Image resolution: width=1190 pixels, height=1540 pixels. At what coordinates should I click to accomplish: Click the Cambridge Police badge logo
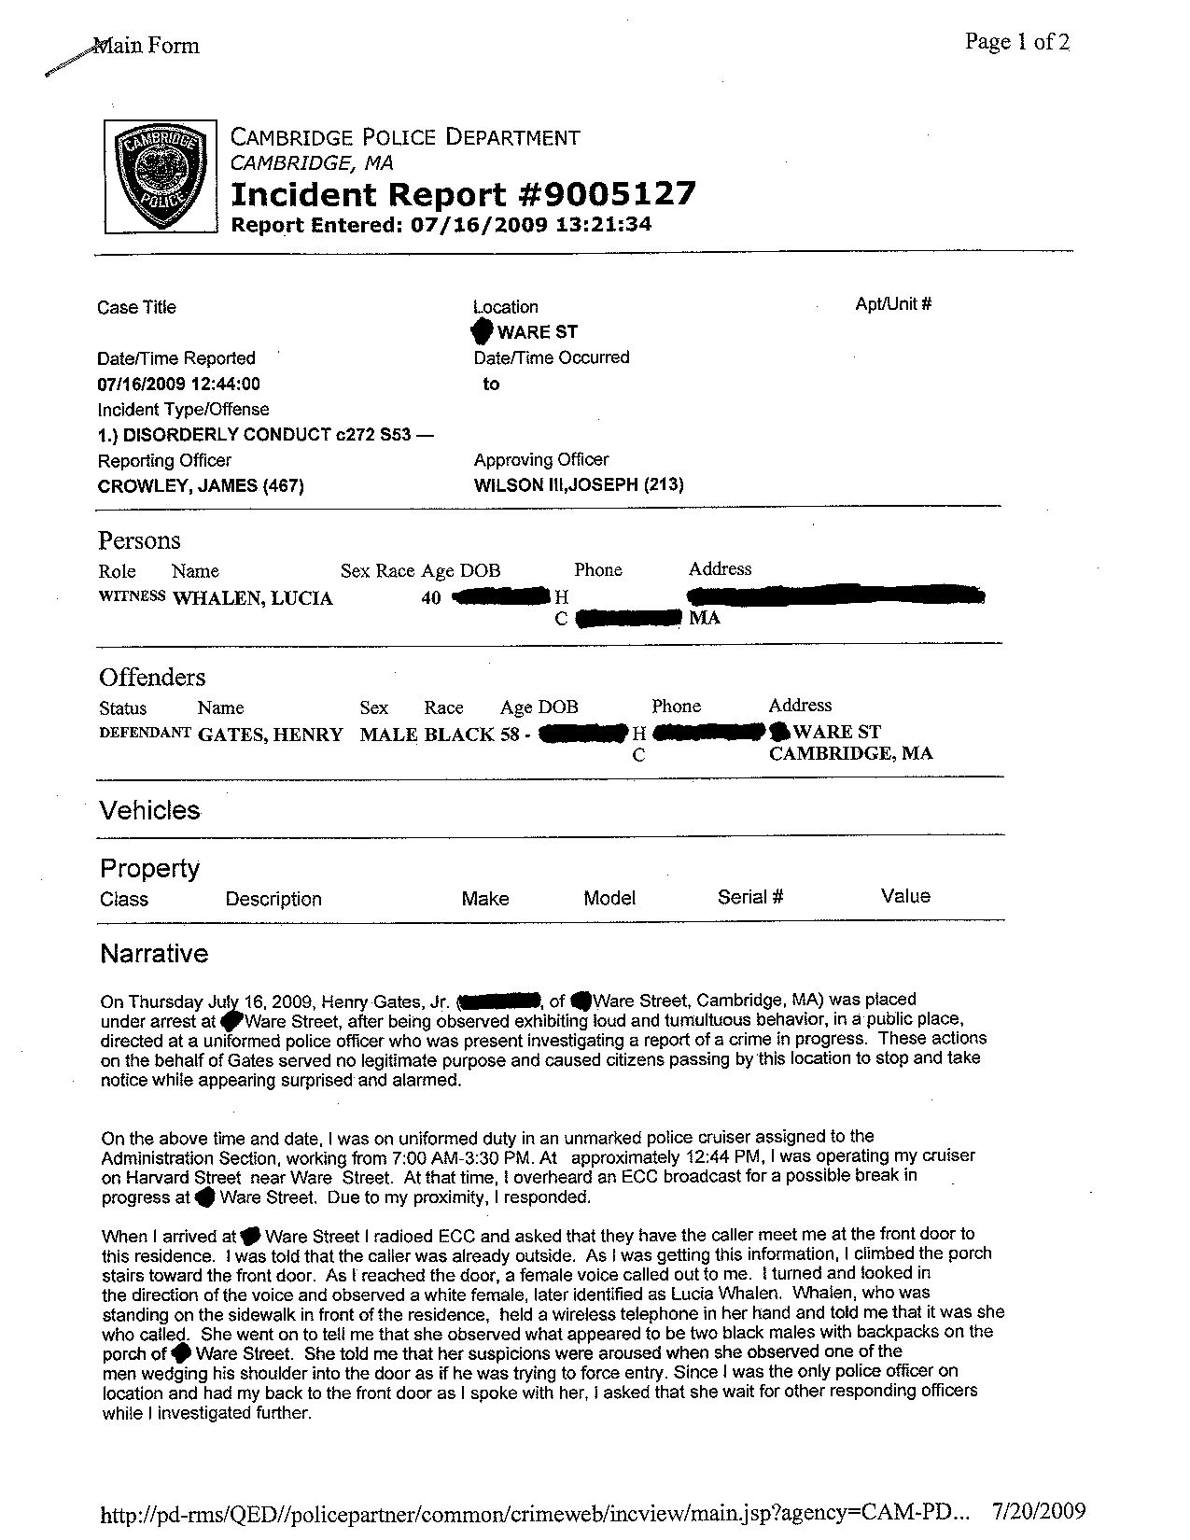pos(159,176)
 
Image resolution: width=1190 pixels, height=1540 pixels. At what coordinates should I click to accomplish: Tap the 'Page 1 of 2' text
pos(1017,42)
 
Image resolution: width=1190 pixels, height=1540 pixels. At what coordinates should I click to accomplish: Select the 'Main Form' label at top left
pos(147,46)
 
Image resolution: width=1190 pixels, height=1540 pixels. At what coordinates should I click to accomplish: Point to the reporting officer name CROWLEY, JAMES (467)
pos(201,485)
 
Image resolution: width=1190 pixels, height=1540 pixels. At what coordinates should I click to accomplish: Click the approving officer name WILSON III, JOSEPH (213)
pos(579,484)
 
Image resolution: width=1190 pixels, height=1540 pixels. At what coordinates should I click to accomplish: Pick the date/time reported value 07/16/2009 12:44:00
pos(178,384)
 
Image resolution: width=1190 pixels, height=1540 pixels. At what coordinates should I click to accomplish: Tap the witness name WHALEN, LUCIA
pos(252,598)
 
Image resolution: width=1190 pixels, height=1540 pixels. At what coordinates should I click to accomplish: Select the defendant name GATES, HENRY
pos(270,735)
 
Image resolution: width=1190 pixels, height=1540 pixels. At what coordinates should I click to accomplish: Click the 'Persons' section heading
pos(139,540)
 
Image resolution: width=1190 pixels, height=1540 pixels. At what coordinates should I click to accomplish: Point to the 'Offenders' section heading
pos(152,677)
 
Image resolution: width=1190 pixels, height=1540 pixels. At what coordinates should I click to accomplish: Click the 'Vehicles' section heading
pos(149,809)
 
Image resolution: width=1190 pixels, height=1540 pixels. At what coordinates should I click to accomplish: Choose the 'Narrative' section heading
pos(154,953)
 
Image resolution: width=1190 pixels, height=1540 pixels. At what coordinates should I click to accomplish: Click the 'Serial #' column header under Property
pos(749,897)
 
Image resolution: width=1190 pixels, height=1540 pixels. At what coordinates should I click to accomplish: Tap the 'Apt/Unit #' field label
pos(893,304)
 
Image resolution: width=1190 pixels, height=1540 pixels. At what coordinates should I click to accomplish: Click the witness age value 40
pos(430,597)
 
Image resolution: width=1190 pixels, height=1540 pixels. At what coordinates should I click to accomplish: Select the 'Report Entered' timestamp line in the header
pos(441,224)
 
